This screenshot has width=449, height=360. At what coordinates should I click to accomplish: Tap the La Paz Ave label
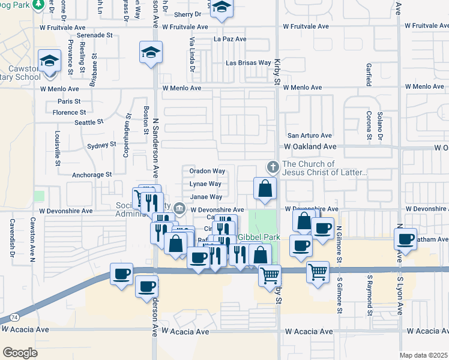click(230, 39)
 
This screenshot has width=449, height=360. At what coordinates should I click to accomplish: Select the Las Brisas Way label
click(248, 62)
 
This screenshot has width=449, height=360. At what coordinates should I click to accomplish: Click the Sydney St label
click(101, 145)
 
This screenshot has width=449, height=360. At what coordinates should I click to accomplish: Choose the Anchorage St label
click(92, 175)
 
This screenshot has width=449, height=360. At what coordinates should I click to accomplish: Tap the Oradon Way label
click(207, 171)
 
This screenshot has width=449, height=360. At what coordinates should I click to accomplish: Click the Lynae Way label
click(206, 184)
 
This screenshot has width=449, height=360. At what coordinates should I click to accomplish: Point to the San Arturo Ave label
click(309, 136)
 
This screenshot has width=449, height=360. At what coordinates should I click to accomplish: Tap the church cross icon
click(273, 166)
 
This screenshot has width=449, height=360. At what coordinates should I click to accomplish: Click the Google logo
click(20, 353)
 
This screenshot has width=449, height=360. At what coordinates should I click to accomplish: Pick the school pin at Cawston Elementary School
click(50, 61)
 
